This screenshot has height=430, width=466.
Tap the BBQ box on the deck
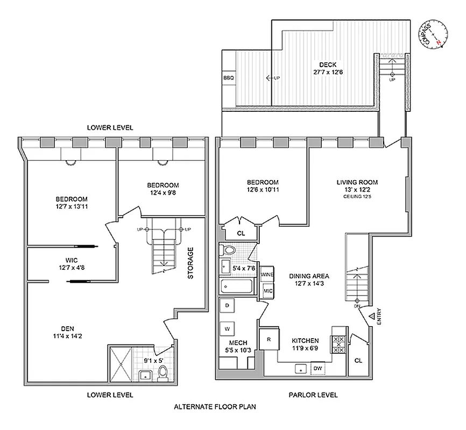point(229,78)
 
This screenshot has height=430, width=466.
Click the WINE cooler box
point(267,275)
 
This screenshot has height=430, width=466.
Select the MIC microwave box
point(267,291)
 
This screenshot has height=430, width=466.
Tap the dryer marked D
point(227,306)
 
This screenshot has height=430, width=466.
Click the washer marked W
point(227,328)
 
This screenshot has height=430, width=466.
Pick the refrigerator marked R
point(268,340)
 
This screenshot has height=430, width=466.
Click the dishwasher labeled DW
point(318,369)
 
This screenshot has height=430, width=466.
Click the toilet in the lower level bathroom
point(162,374)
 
